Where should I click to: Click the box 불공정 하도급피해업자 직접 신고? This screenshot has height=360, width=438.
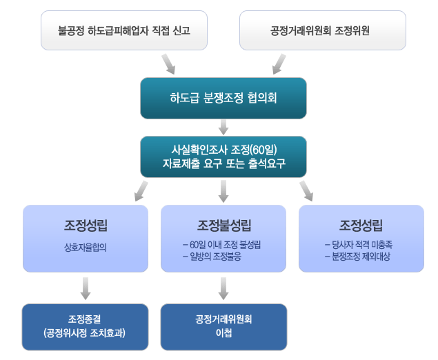pyautogui.click(x=124, y=31)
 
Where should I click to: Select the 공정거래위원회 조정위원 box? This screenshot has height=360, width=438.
pyautogui.click(x=320, y=31)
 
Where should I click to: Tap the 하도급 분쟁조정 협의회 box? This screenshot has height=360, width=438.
pyautogui.click(x=223, y=98)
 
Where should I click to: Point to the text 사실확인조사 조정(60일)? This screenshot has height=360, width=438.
pyautogui.click(x=223, y=150)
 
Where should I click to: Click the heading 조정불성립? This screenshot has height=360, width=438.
pyautogui.click(x=223, y=225)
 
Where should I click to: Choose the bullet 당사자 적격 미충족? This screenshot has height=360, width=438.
pyautogui.click(x=358, y=244)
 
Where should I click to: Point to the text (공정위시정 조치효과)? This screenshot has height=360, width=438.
pyautogui.click(x=85, y=334)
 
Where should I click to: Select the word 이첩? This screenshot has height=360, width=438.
pyautogui.click(x=223, y=334)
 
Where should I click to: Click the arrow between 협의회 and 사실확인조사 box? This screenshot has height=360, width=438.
pyautogui.click(x=223, y=126)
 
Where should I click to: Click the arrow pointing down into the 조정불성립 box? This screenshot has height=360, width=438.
pyautogui.click(x=223, y=190)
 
